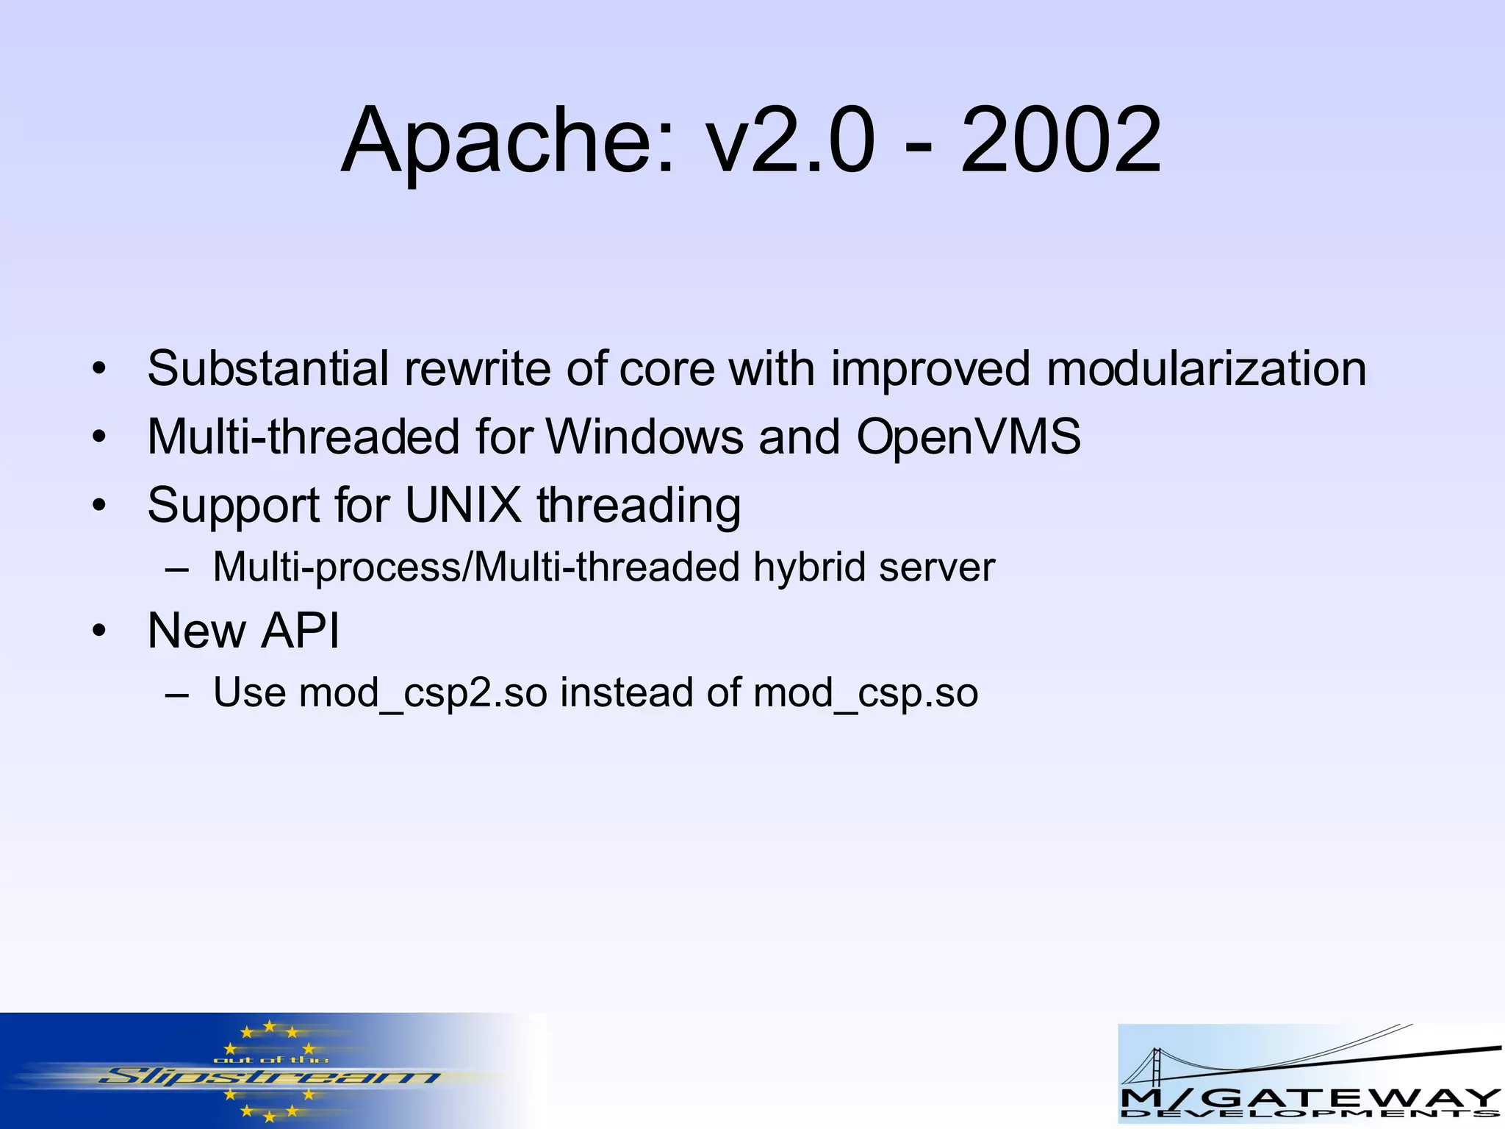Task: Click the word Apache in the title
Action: (x=506, y=141)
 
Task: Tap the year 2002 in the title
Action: (x=1060, y=141)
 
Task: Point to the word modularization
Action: (x=1206, y=368)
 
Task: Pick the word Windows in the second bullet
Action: (x=644, y=437)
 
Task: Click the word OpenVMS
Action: (x=969, y=437)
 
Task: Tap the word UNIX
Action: (x=463, y=505)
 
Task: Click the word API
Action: (x=301, y=631)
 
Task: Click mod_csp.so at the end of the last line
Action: (x=866, y=693)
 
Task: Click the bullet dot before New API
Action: (x=99, y=631)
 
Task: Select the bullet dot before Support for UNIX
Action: (x=99, y=506)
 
